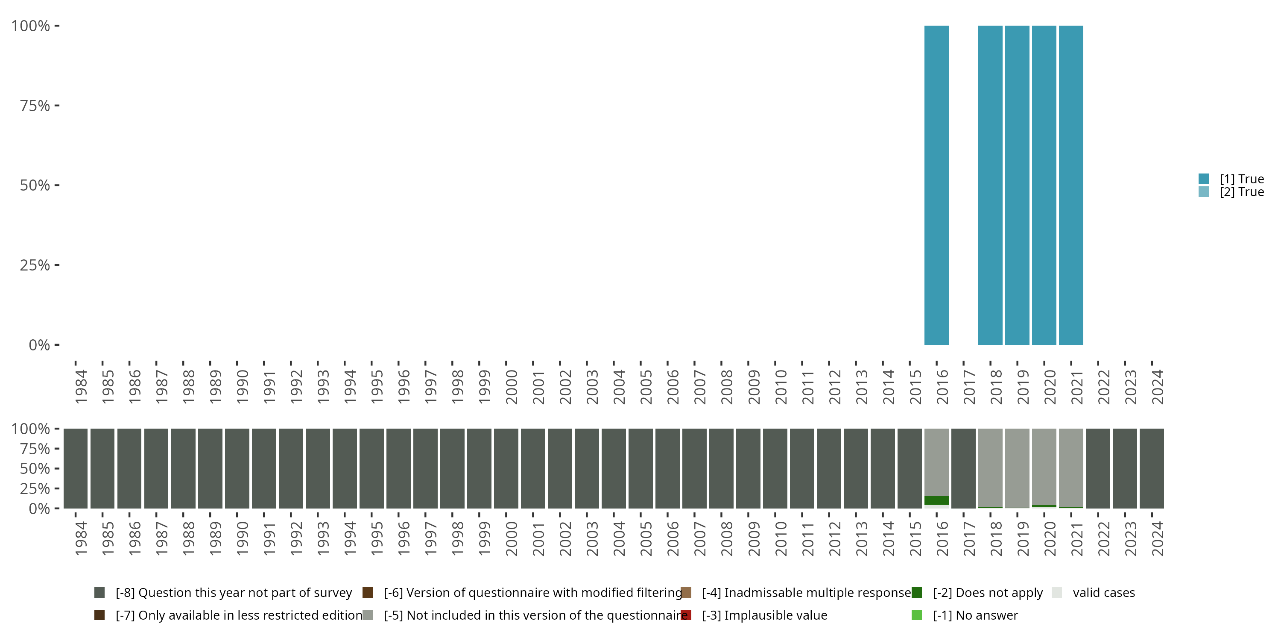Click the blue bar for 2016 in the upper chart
click(x=936, y=185)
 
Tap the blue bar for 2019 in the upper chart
click(x=1017, y=185)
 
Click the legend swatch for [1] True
click(x=1203, y=179)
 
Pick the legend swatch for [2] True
click(x=1203, y=191)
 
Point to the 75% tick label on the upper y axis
click(x=35, y=106)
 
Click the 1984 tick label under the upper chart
click(x=81, y=387)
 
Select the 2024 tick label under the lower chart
click(x=1157, y=538)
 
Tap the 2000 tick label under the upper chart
click(x=511, y=387)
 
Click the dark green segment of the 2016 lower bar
click(x=936, y=500)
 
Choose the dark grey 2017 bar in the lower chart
click(x=963, y=468)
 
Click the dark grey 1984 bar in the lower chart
click(x=76, y=468)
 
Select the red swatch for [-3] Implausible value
click(x=686, y=615)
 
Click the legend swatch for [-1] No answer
click(x=916, y=615)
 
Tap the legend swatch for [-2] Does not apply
click(x=916, y=592)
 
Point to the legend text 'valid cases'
click(x=1103, y=592)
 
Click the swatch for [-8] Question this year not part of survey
click(x=99, y=592)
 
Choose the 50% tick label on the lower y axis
click(x=35, y=468)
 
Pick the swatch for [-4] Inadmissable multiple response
click(x=686, y=592)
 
